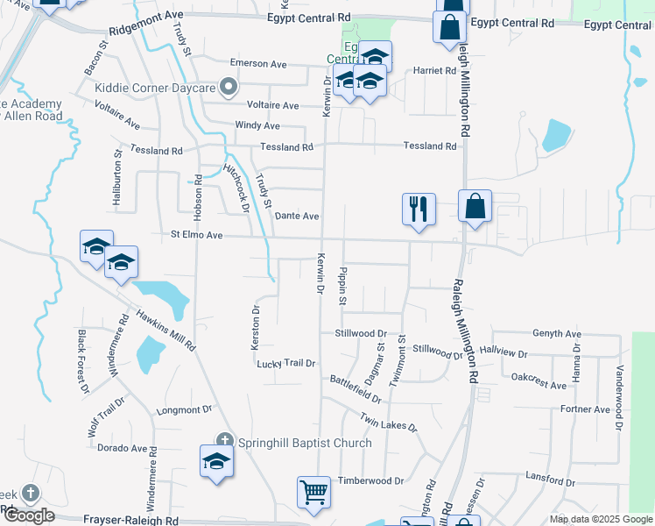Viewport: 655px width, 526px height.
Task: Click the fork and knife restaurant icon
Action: (419, 209)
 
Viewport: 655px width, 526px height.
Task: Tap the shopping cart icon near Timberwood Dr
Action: (313, 491)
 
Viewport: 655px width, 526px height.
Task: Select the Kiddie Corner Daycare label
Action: (157, 88)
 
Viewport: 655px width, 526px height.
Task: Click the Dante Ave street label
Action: (297, 216)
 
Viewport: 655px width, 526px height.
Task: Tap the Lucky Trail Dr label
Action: (285, 363)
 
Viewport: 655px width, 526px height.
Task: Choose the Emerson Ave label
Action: (258, 64)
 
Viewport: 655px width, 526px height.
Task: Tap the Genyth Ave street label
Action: (557, 334)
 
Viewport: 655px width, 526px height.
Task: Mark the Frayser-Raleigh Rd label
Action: (130, 520)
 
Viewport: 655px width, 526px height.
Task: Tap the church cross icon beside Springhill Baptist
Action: (224, 440)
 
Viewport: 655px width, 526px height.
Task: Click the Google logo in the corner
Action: (29, 515)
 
